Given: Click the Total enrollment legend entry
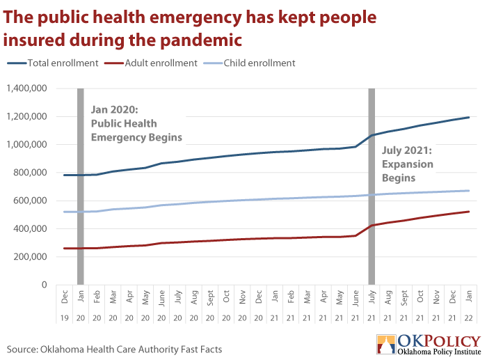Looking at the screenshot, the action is pyautogui.click(x=53, y=63).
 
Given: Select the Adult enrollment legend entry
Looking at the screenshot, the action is pyautogui.click(x=151, y=63).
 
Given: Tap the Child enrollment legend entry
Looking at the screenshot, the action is pyautogui.click(x=249, y=63).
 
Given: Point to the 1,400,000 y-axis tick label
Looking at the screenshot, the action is pyautogui.click(x=26, y=88).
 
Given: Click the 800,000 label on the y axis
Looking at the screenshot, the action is pyautogui.click(x=30, y=173).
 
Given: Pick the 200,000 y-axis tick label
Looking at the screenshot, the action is pyautogui.click(x=30, y=257).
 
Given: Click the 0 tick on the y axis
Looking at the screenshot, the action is pyautogui.click(x=45, y=285).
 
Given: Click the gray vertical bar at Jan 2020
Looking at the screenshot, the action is pyautogui.click(x=81, y=187).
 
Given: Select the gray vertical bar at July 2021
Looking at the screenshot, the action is pyautogui.click(x=372, y=187).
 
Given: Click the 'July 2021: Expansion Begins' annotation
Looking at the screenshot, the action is pyautogui.click(x=408, y=164).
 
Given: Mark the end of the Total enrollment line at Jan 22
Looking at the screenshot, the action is pyautogui.click(x=469, y=117).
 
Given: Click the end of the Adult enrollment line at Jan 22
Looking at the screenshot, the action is pyautogui.click(x=469, y=212).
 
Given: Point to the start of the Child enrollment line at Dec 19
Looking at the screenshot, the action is pyautogui.click(x=64, y=212).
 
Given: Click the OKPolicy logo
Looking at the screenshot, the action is pyautogui.click(x=429, y=345).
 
